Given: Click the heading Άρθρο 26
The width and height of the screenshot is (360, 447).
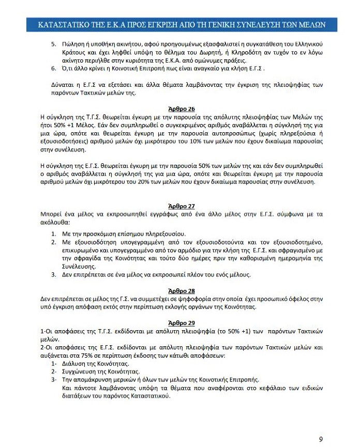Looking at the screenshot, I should click(x=181, y=109).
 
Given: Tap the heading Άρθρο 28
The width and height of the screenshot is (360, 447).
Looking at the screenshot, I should click(x=181, y=291).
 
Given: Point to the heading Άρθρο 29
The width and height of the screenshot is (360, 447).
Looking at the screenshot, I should click(x=181, y=323).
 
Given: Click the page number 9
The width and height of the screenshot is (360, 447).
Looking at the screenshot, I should click(x=321, y=439).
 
